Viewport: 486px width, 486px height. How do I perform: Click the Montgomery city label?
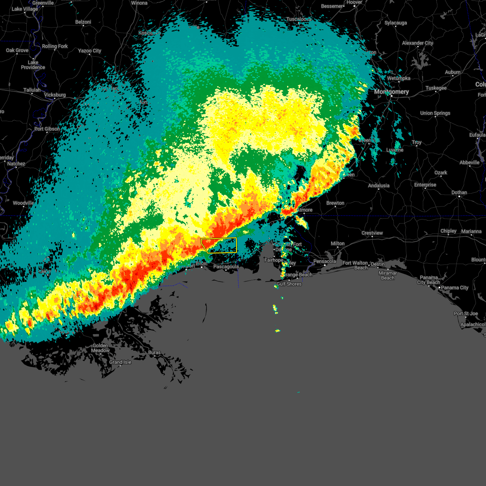[391, 92]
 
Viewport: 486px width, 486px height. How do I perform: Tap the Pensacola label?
[324, 261]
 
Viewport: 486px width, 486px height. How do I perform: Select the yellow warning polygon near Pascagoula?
[219, 245]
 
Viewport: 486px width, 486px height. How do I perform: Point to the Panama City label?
[455, 288]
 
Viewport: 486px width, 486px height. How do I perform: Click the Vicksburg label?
[55, 95]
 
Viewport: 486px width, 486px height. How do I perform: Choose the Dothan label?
[459, 192]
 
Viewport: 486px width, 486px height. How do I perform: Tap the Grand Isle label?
[120, 362]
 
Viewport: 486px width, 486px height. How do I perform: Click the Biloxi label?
[201, 263]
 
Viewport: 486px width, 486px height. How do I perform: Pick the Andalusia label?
[379, 185]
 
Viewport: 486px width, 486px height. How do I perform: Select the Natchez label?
[16, 164]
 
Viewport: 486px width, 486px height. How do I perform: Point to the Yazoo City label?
[90, 51]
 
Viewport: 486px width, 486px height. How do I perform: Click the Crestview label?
[372, 233]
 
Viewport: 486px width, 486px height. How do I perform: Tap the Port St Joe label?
[466, 313]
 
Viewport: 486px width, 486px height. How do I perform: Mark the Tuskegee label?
[436, 88]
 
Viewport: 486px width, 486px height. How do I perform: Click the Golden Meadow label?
[100, 348]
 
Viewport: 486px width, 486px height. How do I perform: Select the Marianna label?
[471, 231]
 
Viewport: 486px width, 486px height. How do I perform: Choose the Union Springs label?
[435, 113]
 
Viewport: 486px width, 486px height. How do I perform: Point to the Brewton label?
[335, 203]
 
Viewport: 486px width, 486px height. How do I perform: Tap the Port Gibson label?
[47, 129]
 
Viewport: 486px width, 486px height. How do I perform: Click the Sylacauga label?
[395, 23]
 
